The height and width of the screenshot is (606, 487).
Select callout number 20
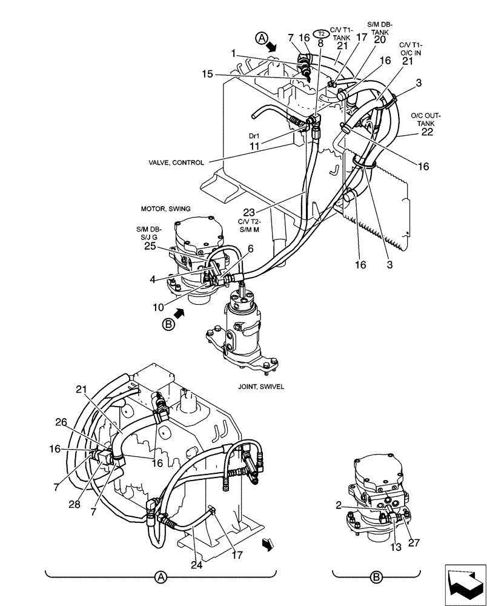(380, 39)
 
